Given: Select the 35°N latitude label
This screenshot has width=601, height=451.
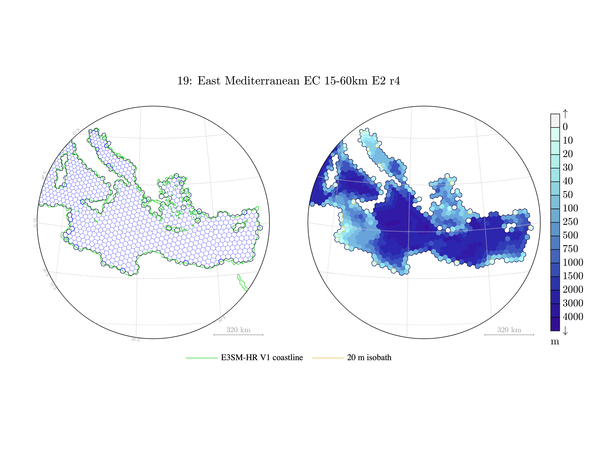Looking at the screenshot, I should (x=35, y=222).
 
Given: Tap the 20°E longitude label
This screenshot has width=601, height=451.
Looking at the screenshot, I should (x=136, y=340).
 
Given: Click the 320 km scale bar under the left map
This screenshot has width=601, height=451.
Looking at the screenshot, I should (x=238, y=334).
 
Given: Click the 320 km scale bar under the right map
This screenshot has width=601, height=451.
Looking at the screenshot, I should (x=509, y=334).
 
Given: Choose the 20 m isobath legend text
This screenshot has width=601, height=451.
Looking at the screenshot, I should (x=369, y=357).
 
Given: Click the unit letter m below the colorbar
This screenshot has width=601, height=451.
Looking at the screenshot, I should (x=555, y=341).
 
